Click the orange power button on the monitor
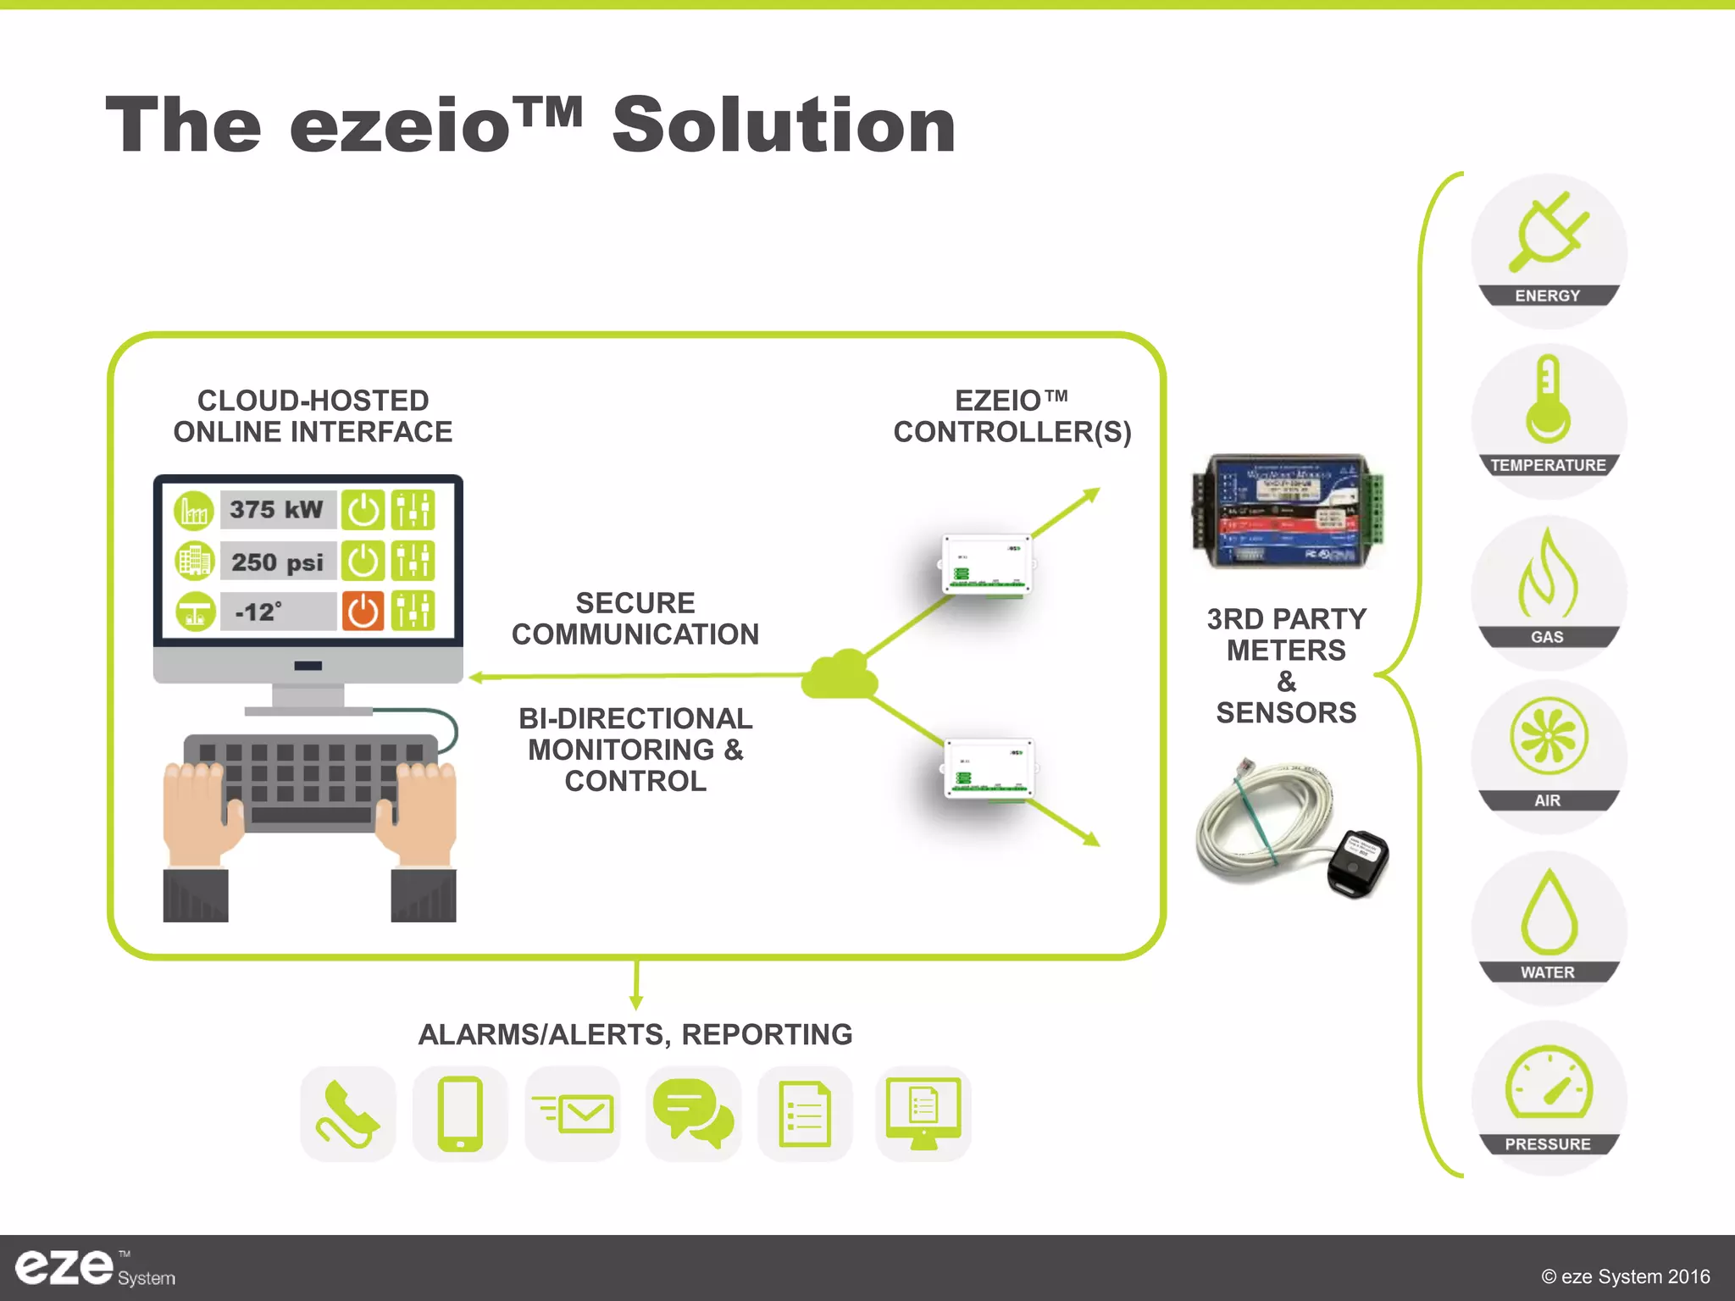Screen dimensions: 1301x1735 [x=363, y=611]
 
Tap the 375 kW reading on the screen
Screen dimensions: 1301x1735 [x=277, y=510]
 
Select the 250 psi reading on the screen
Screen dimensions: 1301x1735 [x=278, y=562]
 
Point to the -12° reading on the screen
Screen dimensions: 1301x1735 [x=259, y=612]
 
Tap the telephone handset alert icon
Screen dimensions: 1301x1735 [x=347, y=1114]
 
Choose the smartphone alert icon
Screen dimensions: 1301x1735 [x=460, y=1114]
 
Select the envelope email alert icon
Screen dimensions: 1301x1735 [x=574, y=1113]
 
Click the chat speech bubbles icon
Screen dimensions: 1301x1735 [x=693, y=1114]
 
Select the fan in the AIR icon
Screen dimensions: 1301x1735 [x=1549, y=736]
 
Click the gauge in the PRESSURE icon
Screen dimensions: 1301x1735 [x=1549, y=1083]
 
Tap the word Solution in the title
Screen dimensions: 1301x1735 [x=784, y=125]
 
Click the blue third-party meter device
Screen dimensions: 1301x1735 [x=1287, y=511]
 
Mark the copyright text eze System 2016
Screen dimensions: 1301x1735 [x=1625, y=1276]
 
